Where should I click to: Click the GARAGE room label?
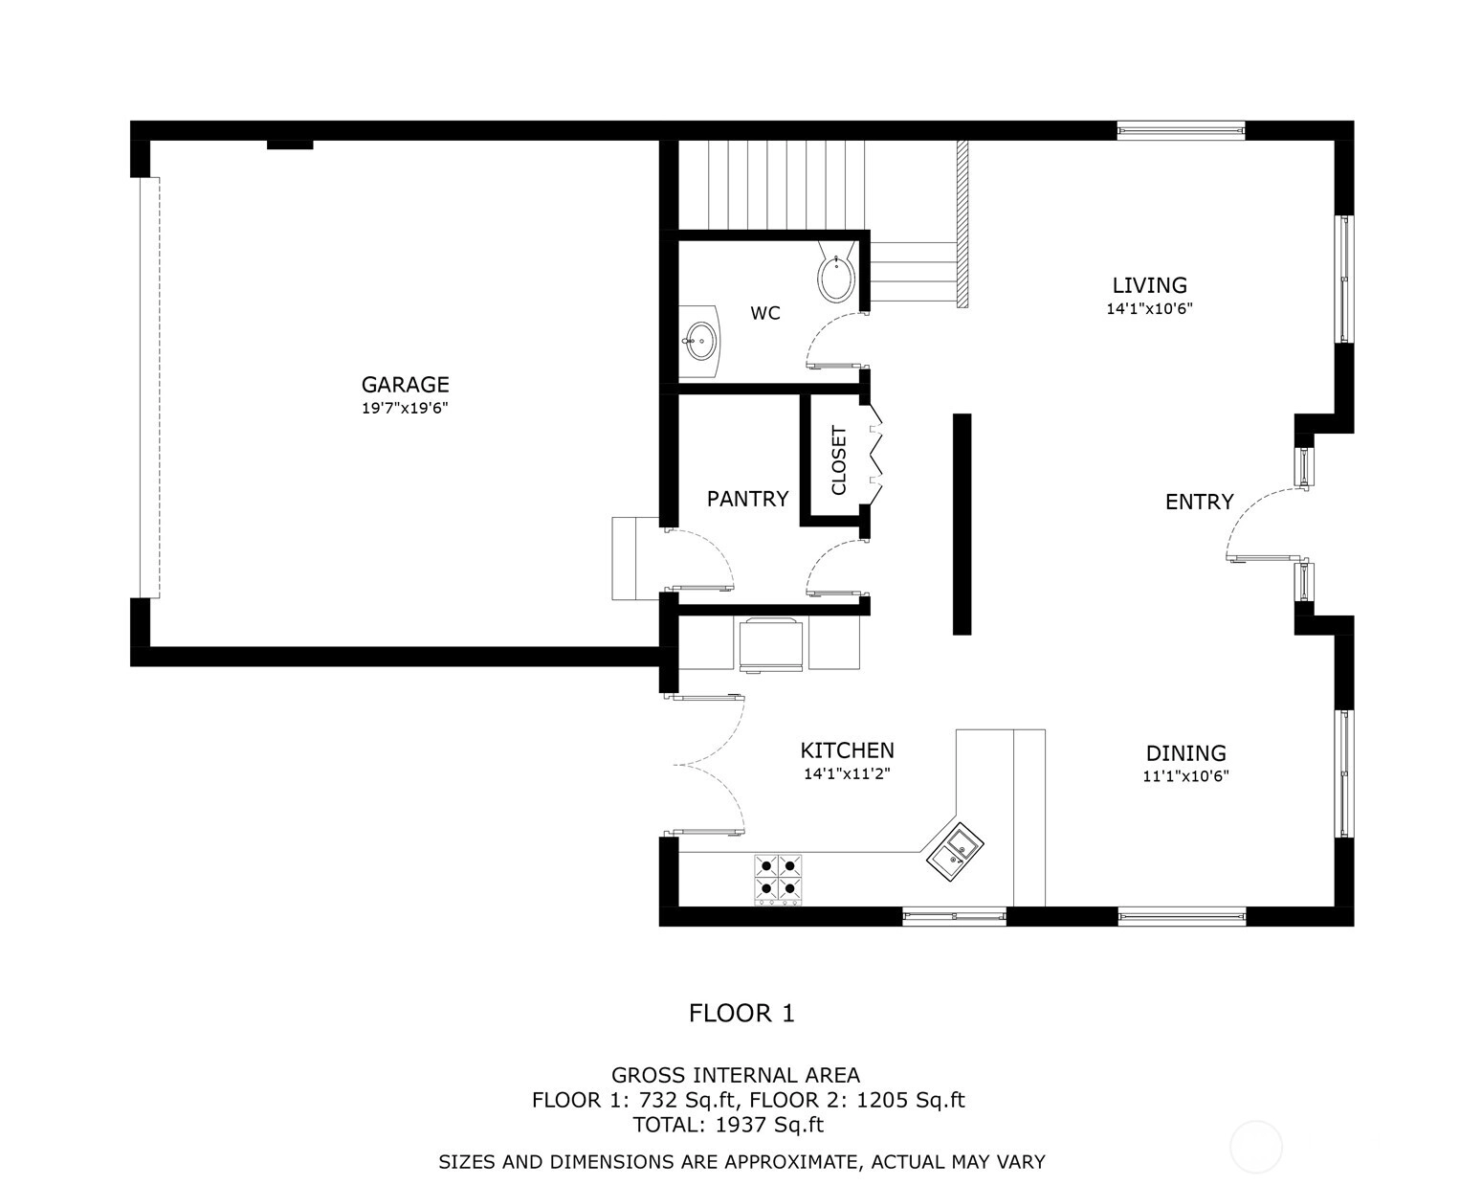(x=405, y=385)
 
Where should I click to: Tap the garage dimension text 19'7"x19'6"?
(x=405, y=408)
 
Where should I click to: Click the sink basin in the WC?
(x=700, y=341)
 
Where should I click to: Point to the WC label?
(x=765, y=314)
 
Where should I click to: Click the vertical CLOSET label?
(x=838, y=460)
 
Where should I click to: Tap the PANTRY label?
(x=747, y=499)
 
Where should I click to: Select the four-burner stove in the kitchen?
(x=778, y=880)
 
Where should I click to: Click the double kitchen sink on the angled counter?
(x=955, y=851)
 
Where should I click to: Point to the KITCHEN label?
(x=847, y=750)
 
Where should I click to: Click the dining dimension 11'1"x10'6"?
(x=1185, y=776)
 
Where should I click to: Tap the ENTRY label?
(x=1199, y=502)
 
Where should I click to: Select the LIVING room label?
(x=1149, y=285)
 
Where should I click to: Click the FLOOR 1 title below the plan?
(x=741, y=1014)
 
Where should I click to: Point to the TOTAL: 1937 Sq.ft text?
(x=728, y=1125)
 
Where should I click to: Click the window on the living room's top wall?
(x=1181, y=130)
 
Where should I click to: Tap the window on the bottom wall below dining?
(x=1182, y=917)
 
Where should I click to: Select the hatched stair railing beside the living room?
(x=962, y=224)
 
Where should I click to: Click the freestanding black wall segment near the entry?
(x=962, y=525)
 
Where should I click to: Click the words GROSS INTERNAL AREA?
(x=736, y=1075)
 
